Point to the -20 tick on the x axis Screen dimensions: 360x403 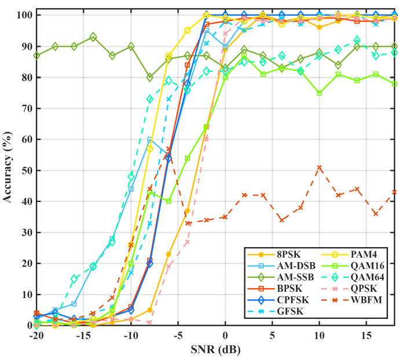click(36, 336)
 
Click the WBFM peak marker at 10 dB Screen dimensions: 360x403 click(319, 167)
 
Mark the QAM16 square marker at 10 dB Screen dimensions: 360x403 click(319, 93)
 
